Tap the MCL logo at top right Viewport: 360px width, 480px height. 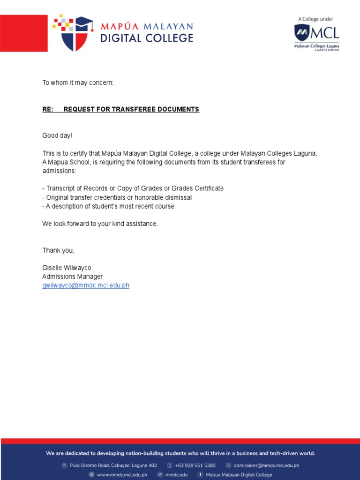point(316,34)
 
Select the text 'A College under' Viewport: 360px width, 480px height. point(316,19)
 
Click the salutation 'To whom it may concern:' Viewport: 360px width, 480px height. point(78,83)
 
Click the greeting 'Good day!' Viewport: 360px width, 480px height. point(58,135)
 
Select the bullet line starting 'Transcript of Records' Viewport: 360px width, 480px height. point(133,188)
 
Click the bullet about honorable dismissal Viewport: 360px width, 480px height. point(117,197)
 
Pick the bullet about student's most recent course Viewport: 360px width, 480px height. point(108,206)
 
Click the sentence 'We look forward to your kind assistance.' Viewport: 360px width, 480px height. point(100,224)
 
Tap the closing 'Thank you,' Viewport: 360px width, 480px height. point(59,250)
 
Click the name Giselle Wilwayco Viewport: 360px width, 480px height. point(67,268)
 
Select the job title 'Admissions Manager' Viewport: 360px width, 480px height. point(72,277)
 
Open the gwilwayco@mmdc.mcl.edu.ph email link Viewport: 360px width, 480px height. point(86,285)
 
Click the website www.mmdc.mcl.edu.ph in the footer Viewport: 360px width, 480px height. point(122,475)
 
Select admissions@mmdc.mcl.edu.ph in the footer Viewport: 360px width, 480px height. point(266,465)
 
